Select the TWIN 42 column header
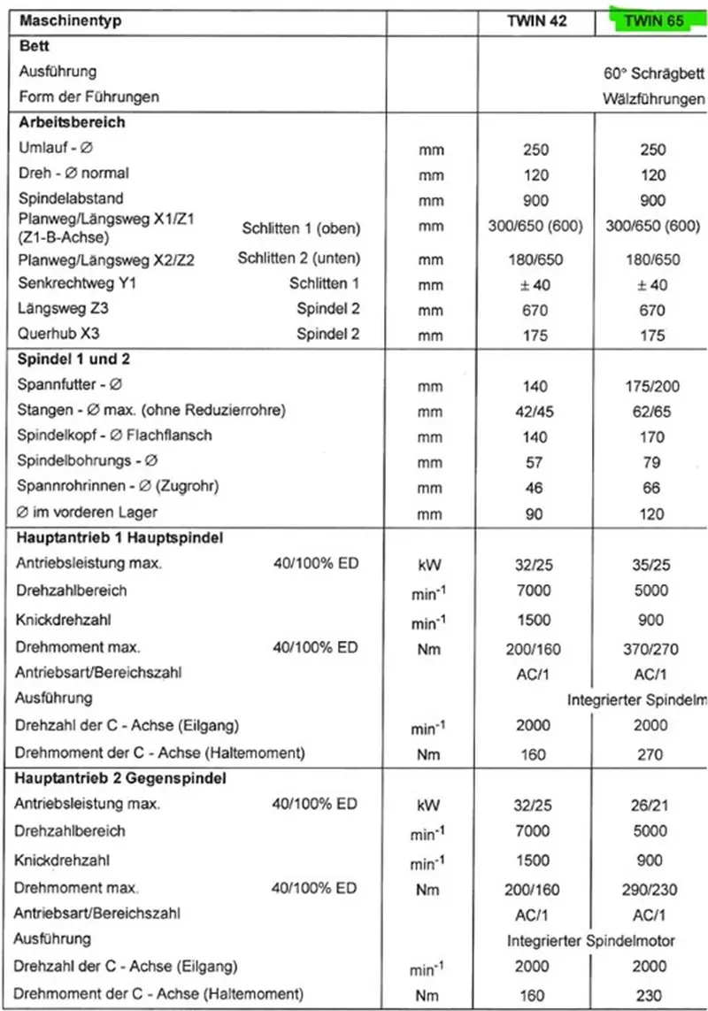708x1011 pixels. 535,20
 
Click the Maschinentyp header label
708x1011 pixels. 70,19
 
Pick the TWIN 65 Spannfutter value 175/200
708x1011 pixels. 653,386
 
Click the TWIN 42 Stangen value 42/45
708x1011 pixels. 535,411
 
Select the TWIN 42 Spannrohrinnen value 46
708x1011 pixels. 535,486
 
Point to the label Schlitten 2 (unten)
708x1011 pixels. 299,259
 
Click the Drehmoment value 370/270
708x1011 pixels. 653,649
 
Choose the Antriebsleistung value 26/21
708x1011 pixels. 653,805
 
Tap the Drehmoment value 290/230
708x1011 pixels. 653,889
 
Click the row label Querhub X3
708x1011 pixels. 56,335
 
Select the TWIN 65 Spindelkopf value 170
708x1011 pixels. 653,436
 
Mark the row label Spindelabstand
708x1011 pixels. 70,198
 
